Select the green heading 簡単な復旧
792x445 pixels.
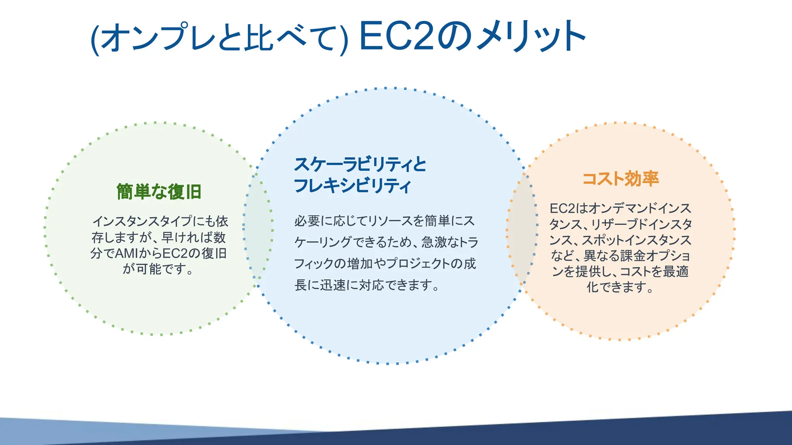159,192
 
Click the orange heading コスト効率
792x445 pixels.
620,178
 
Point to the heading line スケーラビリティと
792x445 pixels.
360,165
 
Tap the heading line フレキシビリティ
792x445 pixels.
352,186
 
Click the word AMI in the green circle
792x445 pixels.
126,253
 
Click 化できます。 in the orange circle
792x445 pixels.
620,287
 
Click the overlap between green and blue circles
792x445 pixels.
258,228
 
